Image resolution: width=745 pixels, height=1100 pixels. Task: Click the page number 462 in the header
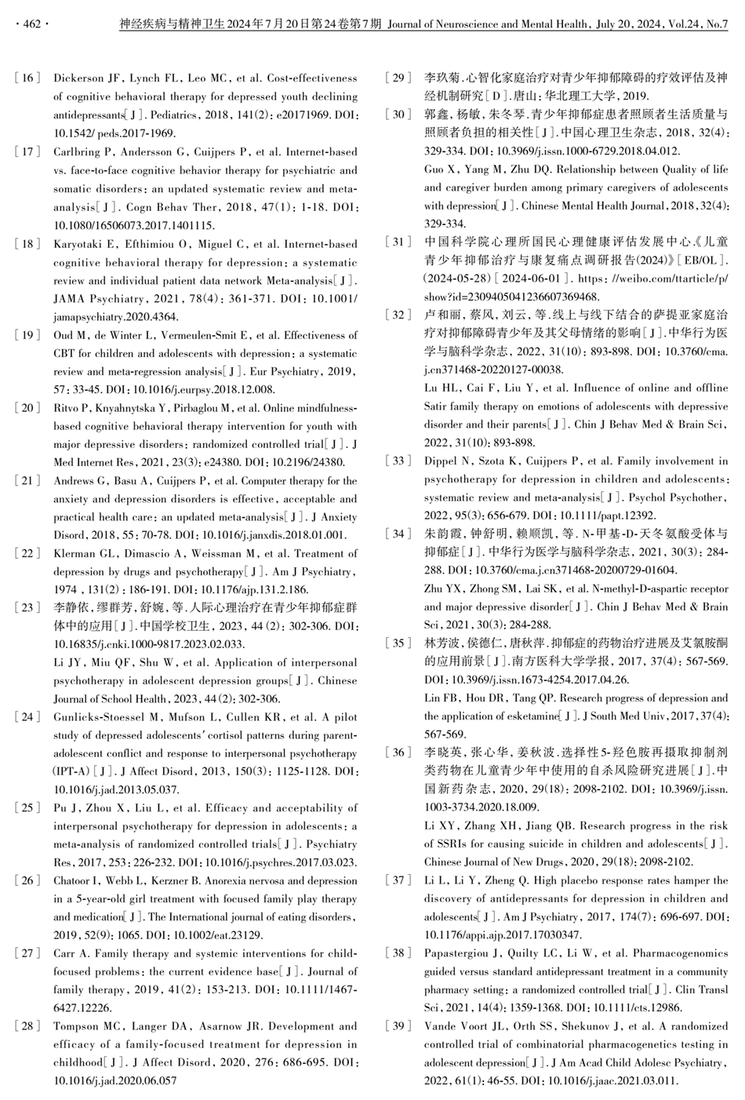click(31, 24)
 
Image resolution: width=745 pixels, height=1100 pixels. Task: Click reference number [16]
click(27, 78)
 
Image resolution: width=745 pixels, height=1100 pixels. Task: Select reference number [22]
click(27, 554)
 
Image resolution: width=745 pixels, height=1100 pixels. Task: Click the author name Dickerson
click(78, 78)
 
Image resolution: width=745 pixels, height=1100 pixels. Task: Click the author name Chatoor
click(74, 880)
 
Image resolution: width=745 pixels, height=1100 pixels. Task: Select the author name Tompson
click(76, 1026)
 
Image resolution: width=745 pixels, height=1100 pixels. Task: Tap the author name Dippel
click(442, 461)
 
